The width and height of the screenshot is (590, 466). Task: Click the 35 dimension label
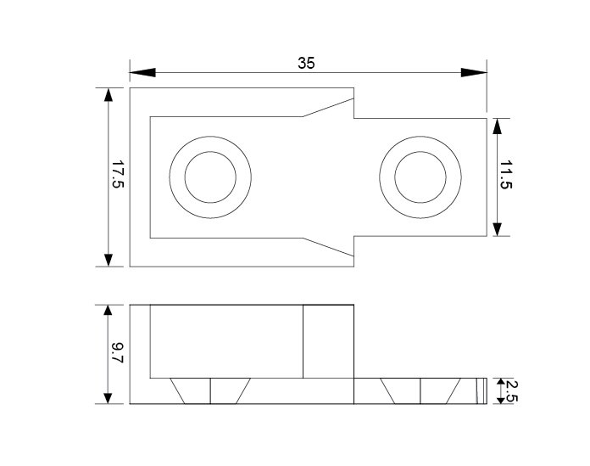306,64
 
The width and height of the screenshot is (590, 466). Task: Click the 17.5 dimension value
118,174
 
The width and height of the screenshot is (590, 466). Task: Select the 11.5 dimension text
506,175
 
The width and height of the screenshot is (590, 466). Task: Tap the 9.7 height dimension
118,353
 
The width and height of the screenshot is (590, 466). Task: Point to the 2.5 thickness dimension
512,391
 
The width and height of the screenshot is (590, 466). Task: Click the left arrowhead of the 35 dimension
142,72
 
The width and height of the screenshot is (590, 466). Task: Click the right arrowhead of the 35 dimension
474,72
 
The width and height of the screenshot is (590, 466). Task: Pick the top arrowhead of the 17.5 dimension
109,95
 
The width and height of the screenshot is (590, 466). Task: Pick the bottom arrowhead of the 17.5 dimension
109,260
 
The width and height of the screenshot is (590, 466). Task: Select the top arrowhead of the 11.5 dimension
497,126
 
